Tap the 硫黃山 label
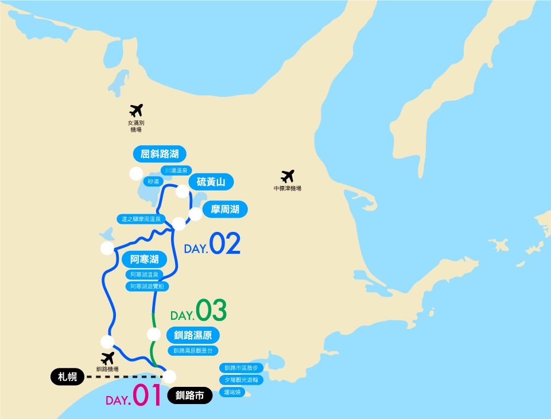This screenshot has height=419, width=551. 211,183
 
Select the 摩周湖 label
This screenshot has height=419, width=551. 225,209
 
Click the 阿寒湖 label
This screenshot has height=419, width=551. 144,259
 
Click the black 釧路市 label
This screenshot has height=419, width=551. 190,395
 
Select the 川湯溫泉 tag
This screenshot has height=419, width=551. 176,170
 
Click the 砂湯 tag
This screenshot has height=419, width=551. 153,181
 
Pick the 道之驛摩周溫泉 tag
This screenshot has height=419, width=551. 141,219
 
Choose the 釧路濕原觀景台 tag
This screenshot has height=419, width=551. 193,350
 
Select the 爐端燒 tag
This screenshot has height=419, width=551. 234,392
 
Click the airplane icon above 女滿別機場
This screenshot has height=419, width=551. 136,110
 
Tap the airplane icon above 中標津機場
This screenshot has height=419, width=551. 288,176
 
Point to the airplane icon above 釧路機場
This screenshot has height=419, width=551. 107,358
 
